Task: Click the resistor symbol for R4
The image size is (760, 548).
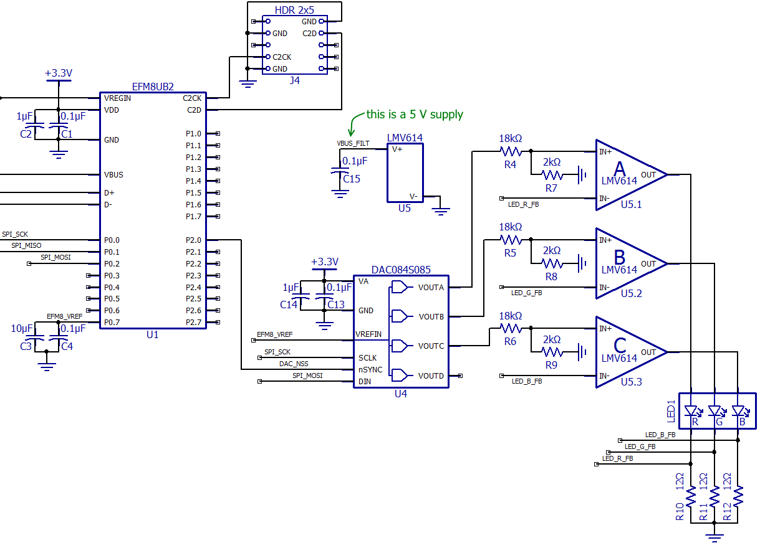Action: click(x=511, y=151)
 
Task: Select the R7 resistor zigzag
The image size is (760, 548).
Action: click(x=552, y=175)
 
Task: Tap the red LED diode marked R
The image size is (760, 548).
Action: click(x=691, y=411)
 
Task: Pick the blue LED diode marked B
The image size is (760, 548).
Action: click(x=738, y=411)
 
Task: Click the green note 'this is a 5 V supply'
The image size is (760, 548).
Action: click(x=415, y=114)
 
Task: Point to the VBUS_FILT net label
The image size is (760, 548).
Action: click(x=353, y=143)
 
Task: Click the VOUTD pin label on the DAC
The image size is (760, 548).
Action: click(x=431, y=376)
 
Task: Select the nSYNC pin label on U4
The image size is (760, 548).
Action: click(x=370, y=370)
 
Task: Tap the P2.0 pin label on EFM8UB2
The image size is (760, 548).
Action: click(x=193, y=240)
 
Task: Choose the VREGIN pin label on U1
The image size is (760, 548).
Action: click(x=117, y=98)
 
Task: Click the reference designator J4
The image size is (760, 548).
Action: click(x=294, y=80)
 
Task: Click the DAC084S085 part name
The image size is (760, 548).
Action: click(x=401, y=270)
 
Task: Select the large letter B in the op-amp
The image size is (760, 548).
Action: click(x=620, y=257)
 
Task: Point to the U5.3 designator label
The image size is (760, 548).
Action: click(x=632, y=382)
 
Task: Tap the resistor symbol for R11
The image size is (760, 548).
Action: click(x=714, y=496)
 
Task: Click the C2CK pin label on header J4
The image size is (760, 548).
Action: click(x=282, y=57)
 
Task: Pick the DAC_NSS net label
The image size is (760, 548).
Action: click(x=294, y=364)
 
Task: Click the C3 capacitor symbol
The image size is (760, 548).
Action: click(x=35, y=338)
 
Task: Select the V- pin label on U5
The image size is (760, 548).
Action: click(x=413, y=197)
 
